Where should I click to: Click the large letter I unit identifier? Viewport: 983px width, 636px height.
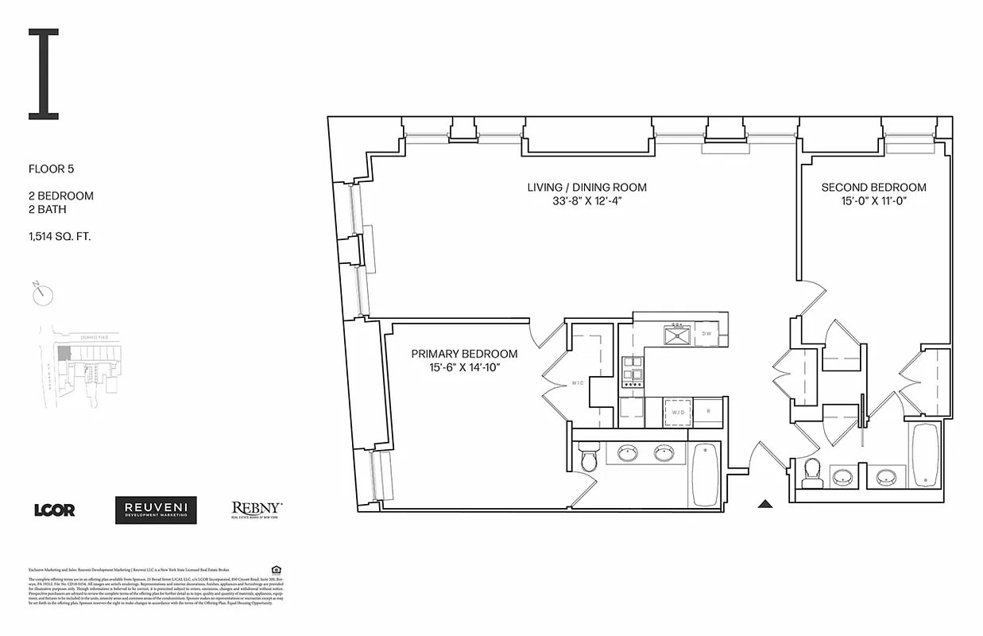click(44, 74)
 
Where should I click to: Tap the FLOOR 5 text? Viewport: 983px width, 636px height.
click(51, 169)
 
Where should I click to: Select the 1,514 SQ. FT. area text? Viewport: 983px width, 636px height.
click(60, 235)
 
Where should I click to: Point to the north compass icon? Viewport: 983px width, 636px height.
click(44, 295)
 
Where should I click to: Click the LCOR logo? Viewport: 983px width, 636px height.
click(54, 510)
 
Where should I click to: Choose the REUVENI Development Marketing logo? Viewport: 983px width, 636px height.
click(156, 510)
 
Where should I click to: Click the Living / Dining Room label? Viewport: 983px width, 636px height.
click(586, 188)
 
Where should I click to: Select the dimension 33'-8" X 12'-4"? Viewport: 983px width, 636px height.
click(586, 201)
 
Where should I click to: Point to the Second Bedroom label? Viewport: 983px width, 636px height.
click(873, 188)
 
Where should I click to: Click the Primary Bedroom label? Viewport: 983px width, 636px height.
click(464, 354)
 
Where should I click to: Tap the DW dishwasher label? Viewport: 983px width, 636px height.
click(707, 334)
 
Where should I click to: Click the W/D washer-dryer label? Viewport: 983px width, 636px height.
click(679, 413)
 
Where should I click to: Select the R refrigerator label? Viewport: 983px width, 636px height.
click(708, 413)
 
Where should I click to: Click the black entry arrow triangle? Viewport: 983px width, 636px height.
click(765, 502)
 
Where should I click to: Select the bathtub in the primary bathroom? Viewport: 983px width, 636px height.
click(705, 475)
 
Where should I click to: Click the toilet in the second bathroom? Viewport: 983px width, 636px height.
click(811, 473)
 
